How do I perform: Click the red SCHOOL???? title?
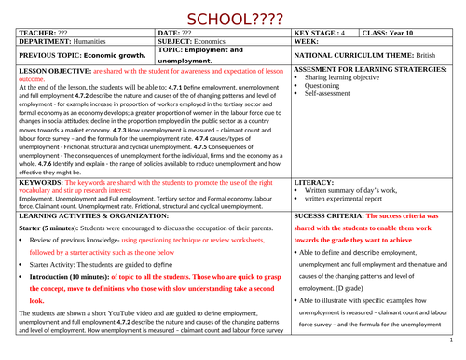(233, 18)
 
